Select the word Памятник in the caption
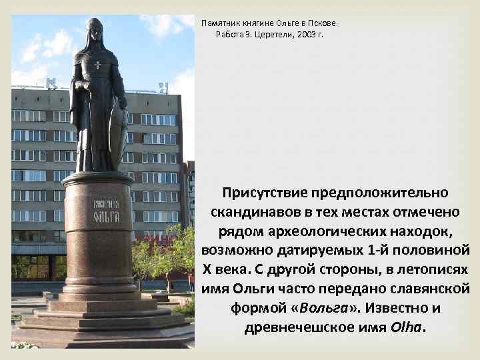click(x=221, y=23)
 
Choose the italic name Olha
click(x=407, y=328)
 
